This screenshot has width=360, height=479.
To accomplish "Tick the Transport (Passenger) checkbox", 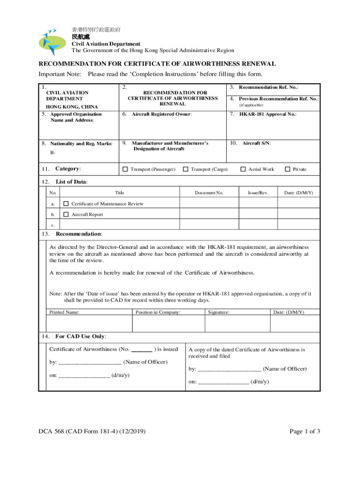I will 125,169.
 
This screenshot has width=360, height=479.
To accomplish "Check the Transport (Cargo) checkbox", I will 186,169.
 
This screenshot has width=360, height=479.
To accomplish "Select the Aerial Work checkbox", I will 243,169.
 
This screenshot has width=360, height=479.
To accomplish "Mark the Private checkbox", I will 288,169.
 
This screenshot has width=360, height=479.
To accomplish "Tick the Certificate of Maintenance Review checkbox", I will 66,203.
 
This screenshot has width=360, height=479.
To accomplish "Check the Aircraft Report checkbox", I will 66,214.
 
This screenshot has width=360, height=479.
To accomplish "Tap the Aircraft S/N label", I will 257,143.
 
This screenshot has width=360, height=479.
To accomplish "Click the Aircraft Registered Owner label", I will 162,114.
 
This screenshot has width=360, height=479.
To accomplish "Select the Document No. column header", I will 209,193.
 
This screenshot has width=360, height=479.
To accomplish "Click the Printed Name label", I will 65,312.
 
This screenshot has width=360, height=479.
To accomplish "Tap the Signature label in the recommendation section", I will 219,312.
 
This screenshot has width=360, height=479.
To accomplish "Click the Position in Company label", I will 158,312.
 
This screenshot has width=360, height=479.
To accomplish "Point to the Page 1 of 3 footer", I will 305,432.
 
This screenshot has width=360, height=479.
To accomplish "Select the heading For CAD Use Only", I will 80,336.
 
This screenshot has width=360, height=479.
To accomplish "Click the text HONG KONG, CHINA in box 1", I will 72,107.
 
